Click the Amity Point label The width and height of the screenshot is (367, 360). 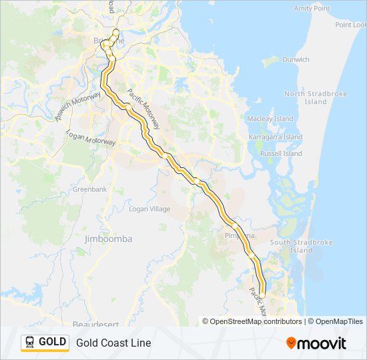pyautogui.click(x=312, y=8)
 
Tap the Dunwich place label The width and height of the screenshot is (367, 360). pyautogui.click(x=296, y=59)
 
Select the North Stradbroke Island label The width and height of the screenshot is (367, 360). pyautogui.click(x=316, y=98)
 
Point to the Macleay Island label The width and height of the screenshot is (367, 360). pyautogui.click(x=270, y=119)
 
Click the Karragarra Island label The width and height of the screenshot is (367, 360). pyautogui.click(x=275, y=137)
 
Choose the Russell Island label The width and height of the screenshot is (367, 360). pyautogui.click(x=281, y=153)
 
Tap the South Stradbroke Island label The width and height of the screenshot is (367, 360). pyautogui.click(x=301, y=246)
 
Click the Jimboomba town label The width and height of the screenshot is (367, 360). pyautogui.click(x=109, y=239)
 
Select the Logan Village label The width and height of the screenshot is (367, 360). pyautogui.click(x=149, y=209)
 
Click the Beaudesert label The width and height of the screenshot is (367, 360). pyautogui.click(x=97, y=324)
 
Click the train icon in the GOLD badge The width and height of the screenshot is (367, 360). pyautogui.click(x=30, y=342)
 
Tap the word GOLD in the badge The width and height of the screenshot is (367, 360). pyautogui.click(x=52, y=342)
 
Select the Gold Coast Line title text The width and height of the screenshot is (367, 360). pyautogui.click(x=113, y=343)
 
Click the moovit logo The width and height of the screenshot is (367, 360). pyautogui.click(x=316, y=343)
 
